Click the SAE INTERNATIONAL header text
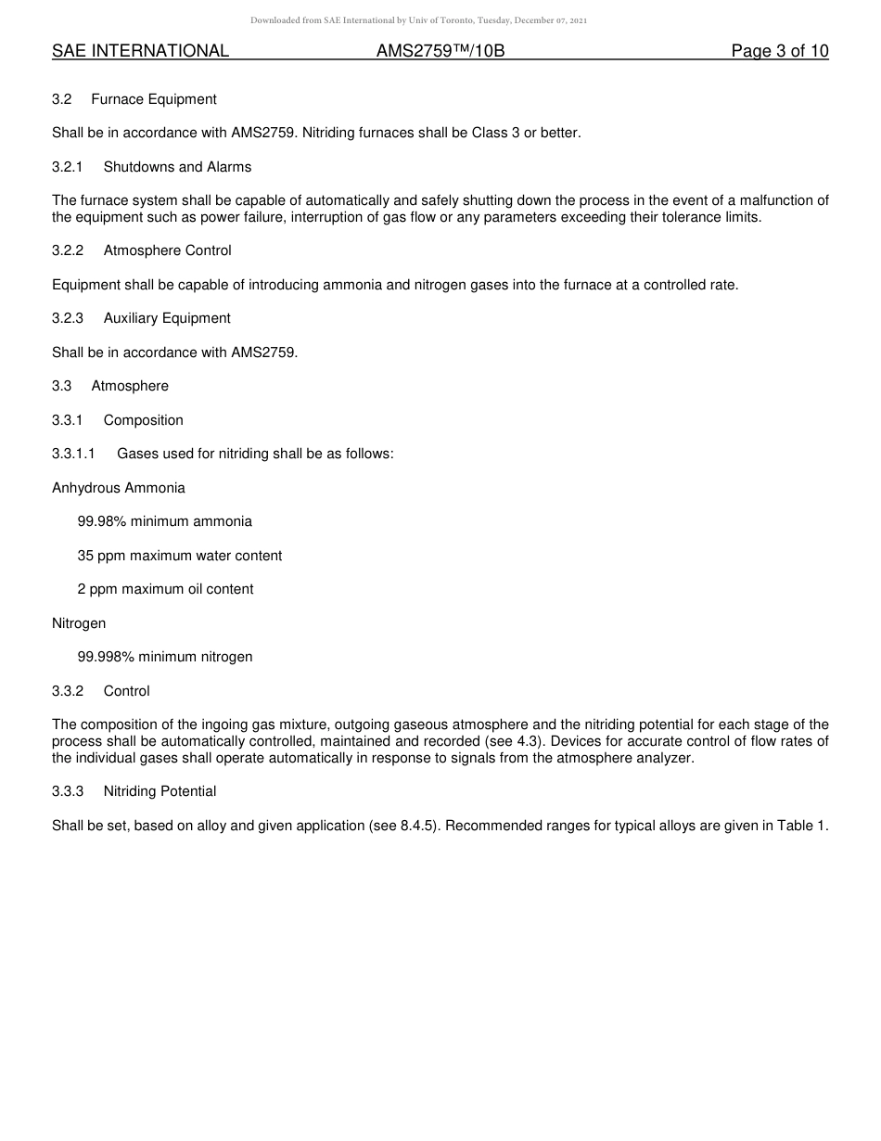click(x=140, y=51)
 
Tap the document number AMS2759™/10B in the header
click(x=440, y=51)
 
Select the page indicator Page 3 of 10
click(x=779, y=51)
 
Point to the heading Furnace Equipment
click(x=154, y=99)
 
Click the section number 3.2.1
click(x=68, y=167)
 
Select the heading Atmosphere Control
click(x=167, y=250)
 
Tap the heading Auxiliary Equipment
click(x=167, y=318)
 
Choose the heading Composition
click(x=144, y=420)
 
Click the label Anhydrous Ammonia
click(x=119, y=488)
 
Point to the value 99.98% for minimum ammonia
click(x=102, y=521)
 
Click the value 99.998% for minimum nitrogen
click(x=106, y=657)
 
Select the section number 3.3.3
click(x=68, y=791)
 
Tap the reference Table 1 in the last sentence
click(x=803, y=826)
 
